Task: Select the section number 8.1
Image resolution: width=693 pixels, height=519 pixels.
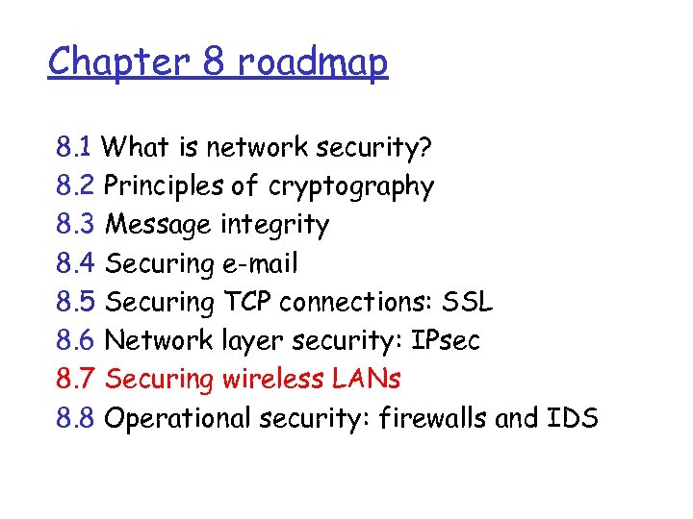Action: (74, 148)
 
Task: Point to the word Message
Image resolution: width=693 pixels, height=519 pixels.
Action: (158, 226)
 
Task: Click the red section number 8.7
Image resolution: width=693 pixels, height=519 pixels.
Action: (75, 379)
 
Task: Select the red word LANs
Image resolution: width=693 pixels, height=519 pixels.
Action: (368, 379)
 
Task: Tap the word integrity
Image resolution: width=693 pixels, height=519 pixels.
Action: (274, 226)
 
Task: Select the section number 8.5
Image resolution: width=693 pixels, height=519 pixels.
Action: (75, 302)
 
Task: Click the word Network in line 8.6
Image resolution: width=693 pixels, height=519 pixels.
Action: (157, 340)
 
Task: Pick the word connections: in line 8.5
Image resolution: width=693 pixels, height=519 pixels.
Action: (356, 302)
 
